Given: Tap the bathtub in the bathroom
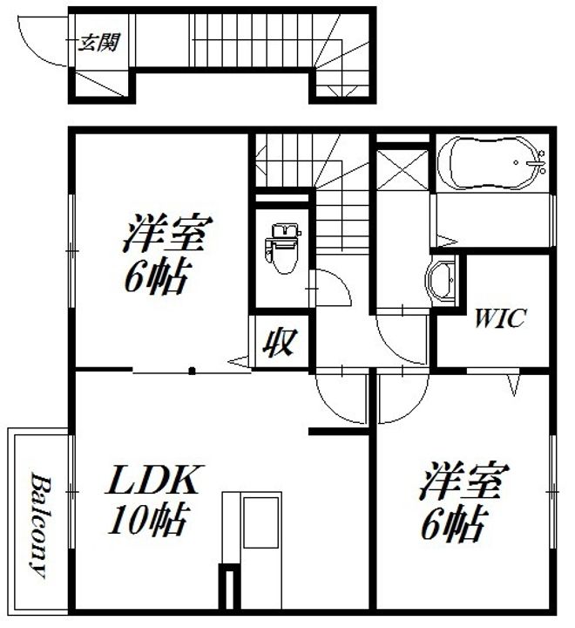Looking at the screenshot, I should [492, 163].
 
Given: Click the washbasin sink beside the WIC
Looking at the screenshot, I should [444, 280].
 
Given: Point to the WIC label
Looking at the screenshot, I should [499, 318].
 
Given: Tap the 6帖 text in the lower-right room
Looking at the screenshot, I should [453, 525].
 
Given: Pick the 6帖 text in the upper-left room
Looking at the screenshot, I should [157, 276].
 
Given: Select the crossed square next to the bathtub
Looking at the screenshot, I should [402, 171].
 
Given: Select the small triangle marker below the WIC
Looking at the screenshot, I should [512, 381].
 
